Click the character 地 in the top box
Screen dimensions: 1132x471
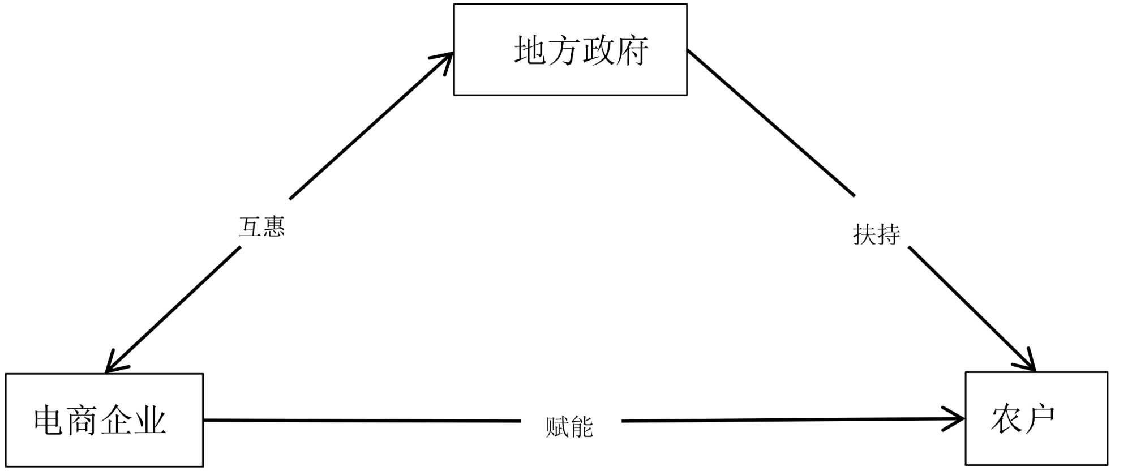530,51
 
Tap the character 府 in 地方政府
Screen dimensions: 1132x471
632,51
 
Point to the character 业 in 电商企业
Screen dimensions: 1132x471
150,421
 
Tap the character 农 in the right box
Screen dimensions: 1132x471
1006,419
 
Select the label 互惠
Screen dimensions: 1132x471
261,227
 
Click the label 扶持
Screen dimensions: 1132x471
876,234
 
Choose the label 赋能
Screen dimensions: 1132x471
569,427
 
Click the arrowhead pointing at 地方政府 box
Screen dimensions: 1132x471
447,59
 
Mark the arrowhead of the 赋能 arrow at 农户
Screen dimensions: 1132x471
958,419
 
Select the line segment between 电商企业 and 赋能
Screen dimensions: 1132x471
362,421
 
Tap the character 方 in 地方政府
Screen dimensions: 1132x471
564,51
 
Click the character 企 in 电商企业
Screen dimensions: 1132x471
117,421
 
